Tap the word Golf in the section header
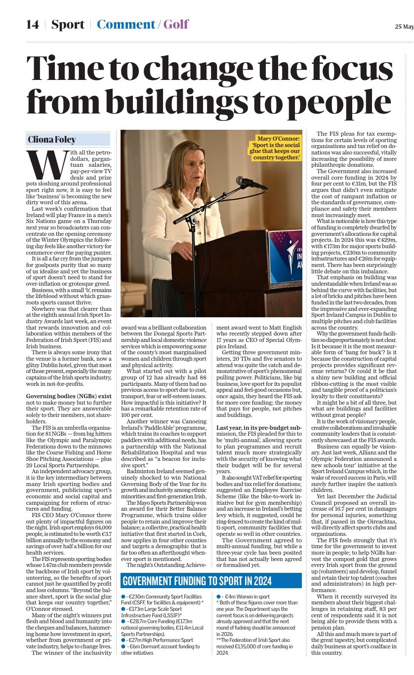(x=176, y=24)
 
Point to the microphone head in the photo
(x=244, y=181)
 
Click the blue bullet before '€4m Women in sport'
(x=218, y=597)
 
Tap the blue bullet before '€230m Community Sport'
(x=124, y=597)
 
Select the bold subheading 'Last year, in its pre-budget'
(x=258, y=427)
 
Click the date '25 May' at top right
(x=404, y=26)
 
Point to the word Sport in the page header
(x=68, y=24)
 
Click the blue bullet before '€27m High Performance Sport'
(x=124, y=640)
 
